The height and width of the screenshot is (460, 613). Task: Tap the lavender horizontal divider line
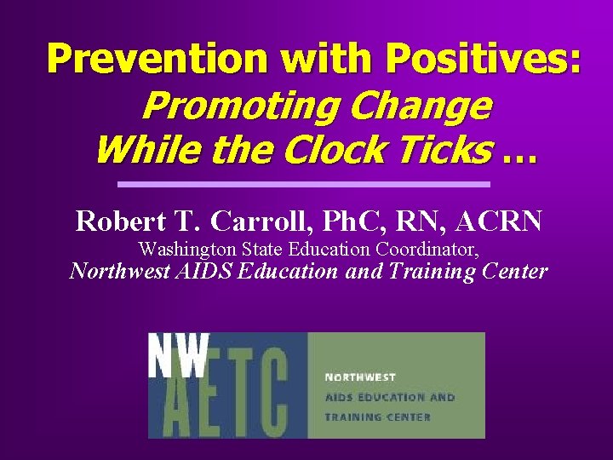coord(304,184)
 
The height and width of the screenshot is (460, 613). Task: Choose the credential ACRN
coord(498,221)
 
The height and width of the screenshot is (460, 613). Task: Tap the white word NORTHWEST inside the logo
coord(360,377)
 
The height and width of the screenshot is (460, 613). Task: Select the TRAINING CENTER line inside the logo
coord(377,417)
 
